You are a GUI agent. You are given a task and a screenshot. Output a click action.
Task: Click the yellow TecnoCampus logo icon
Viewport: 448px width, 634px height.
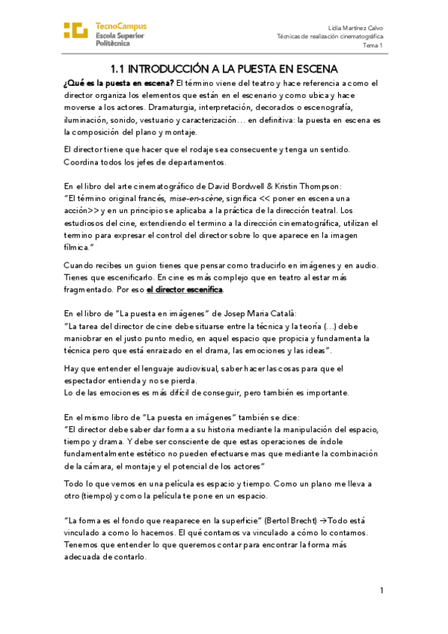(76, 31)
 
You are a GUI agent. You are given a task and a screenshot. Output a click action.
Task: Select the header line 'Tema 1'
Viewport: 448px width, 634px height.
(374, 46)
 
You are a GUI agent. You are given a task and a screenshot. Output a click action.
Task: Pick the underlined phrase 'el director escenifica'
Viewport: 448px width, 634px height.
(184, 289)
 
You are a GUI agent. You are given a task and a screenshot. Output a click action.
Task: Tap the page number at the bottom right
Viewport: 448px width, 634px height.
(381, 591)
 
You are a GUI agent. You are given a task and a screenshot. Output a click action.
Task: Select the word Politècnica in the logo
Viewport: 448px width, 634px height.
(118, 44)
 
